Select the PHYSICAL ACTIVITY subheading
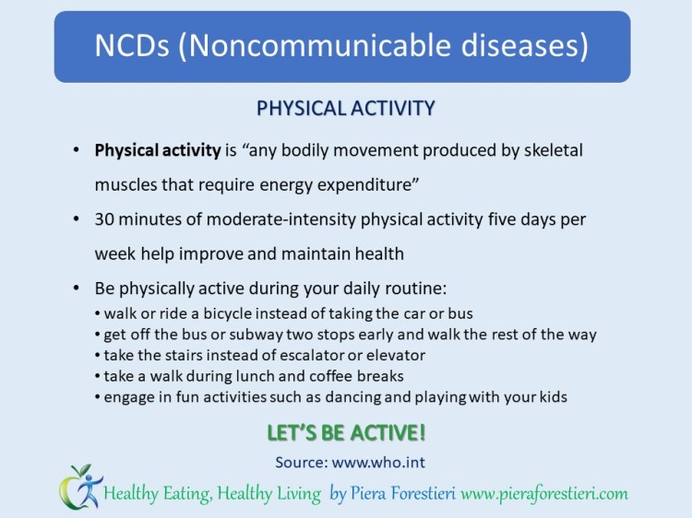(345, 108)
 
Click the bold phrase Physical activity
(158, 149)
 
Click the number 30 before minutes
(104, 220)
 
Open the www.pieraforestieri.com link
(543, 494)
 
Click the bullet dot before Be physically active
(75, 287)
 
